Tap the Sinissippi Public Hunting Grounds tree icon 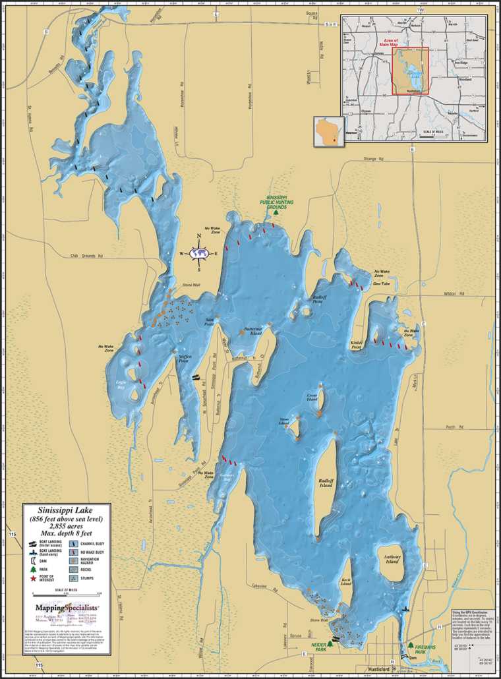click(x=278, y=212)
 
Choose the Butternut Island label click(x=254, y=330)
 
